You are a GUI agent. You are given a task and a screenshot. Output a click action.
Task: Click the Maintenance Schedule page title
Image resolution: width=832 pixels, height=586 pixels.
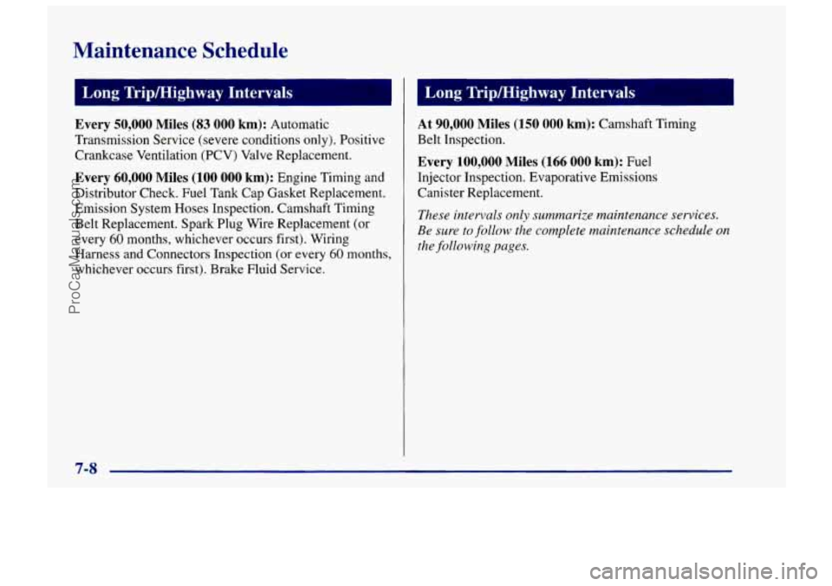pos(181,51)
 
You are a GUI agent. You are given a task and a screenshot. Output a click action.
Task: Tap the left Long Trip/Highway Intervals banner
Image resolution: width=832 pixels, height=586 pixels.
pos(233,93)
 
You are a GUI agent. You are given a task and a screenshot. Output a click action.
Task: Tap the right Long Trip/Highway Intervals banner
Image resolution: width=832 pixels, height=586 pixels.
pos(575,93)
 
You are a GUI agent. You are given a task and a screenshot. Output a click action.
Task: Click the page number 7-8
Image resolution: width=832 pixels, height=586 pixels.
pos(86,468)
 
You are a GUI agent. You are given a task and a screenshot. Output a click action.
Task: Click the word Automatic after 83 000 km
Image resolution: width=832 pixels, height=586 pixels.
pos(300,125)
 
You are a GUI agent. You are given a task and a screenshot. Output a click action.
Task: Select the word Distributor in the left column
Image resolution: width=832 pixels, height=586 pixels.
pos(106,192)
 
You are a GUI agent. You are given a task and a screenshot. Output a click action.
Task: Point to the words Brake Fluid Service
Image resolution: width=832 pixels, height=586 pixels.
pos(268,270)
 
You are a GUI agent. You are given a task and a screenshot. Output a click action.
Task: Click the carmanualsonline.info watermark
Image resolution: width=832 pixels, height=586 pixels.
pos(703,571)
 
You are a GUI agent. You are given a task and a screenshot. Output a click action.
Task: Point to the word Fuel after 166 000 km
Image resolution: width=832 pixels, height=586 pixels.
pos(639,162)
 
